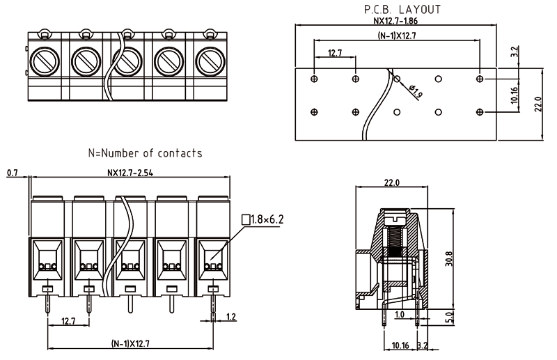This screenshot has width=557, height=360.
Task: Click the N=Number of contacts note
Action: (x=144, y=152)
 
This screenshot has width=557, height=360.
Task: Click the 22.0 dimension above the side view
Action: (x=391, y=183)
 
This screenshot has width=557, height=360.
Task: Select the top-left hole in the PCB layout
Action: (x=314, y=80)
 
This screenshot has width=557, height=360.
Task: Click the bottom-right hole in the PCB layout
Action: (x=479, y=112)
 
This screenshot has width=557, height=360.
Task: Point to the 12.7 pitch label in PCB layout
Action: (x=335, y=53)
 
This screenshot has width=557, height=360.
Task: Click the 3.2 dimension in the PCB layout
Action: (x=514, y=52)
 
